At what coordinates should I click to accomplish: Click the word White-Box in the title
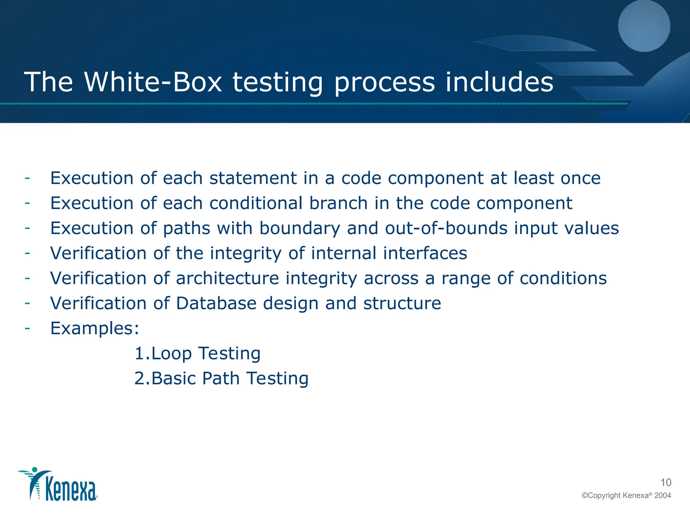tap(153, 82)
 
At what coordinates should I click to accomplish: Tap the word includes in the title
tap(499, 82)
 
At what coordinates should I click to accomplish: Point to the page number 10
tap(666, 483)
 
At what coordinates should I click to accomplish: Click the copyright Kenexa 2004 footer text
tap(626, 495)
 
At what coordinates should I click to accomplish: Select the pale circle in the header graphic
tap(644, 26)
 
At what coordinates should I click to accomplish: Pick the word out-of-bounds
tap(446, 228)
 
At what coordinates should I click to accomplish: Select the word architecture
tap(227, 278)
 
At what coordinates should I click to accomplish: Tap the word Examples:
tap(95, 328)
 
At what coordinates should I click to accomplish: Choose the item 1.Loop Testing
tap(197, 353)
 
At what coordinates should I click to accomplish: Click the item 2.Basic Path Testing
tap(221, 378)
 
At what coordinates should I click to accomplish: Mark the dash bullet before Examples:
tap(27, 327)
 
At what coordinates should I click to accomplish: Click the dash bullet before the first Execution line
tap(27, 177)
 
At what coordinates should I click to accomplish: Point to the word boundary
tap(300, 228)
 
